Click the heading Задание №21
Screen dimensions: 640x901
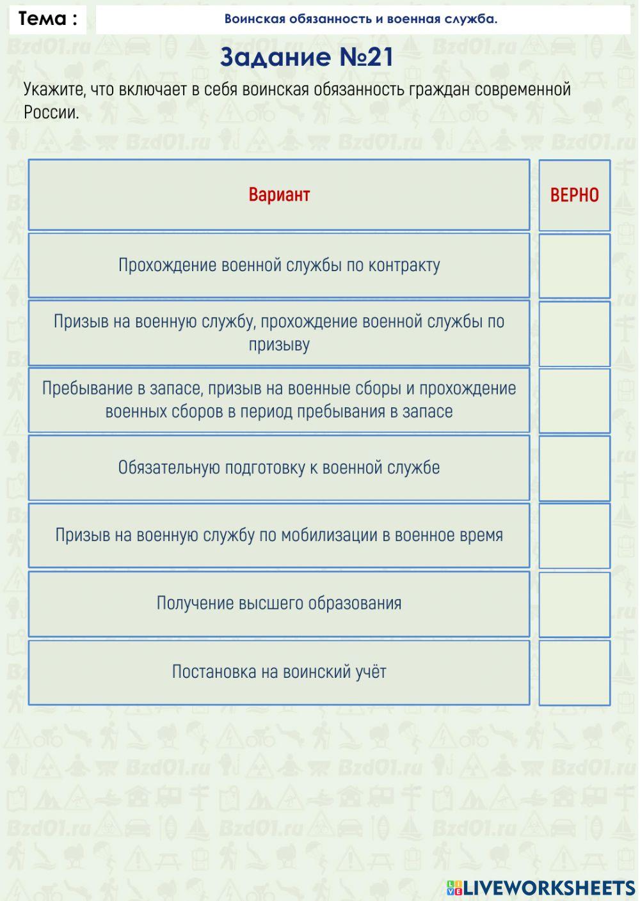pos(307,58)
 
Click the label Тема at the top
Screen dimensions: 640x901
pos(47,19)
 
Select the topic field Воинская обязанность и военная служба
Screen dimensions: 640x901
pos(361,19)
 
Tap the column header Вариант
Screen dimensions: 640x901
pos(279,194)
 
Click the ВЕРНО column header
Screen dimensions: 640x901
pos(574,195)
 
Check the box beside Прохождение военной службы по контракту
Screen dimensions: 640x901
pos(574,265)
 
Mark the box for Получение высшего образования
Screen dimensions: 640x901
pos(574,604)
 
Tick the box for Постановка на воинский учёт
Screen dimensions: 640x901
pos(574,672)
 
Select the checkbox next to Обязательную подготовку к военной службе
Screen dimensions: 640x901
pos(574,468)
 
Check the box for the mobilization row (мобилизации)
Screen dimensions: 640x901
pos(574,536)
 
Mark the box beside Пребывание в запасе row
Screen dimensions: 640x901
pos(574,400)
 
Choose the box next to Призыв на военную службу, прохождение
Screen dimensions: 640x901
pos(574,333)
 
